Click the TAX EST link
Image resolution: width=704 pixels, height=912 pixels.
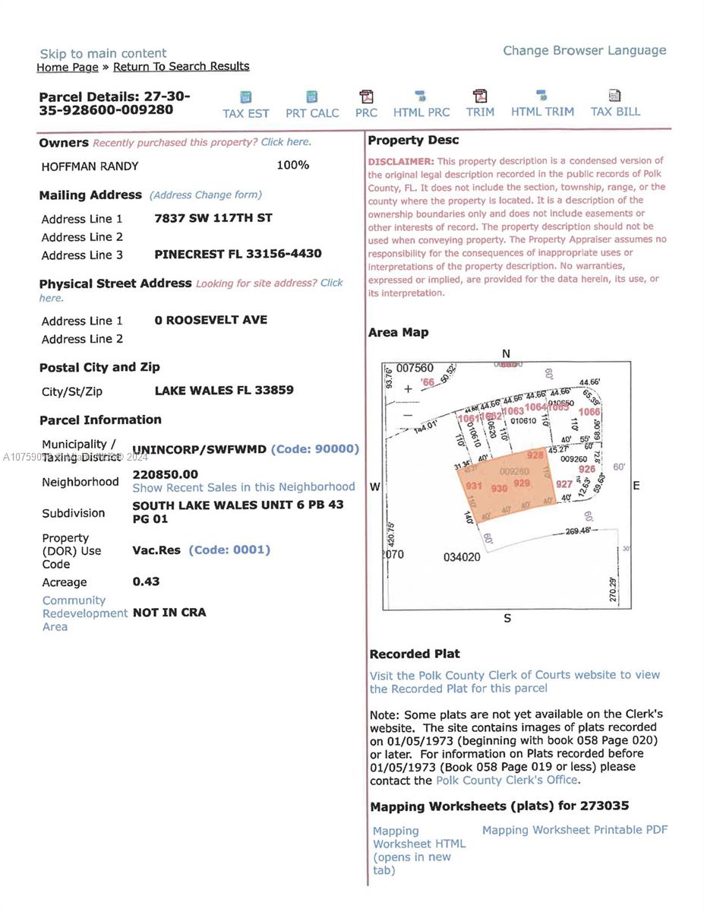coord(245,112)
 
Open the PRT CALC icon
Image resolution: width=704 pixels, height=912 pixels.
coord(311,97)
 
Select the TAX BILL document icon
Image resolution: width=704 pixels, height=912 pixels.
coord(614,96)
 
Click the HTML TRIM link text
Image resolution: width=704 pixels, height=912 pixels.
coord(541,112)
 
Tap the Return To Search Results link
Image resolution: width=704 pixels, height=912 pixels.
coord(181,66)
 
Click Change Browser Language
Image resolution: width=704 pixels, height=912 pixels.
coord(584,50)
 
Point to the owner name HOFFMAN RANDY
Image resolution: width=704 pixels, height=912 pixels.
coord(90,166)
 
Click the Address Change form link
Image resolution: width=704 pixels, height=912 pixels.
coord(206,195)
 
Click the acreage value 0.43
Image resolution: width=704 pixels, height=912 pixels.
coord(146,581)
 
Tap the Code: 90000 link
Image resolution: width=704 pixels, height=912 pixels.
coord(314,448)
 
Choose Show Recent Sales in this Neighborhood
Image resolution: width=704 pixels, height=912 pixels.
coord(243,486)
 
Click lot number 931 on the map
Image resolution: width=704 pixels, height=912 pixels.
coord(474,486)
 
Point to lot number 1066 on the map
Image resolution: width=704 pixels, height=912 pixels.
coord(589,412)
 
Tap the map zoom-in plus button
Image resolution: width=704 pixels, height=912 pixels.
coord(408,389)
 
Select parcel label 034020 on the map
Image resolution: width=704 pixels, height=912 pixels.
coord(461,557)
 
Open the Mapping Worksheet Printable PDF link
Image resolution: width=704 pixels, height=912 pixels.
coord(575,830)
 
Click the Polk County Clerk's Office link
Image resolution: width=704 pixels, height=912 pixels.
coord(507,781)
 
